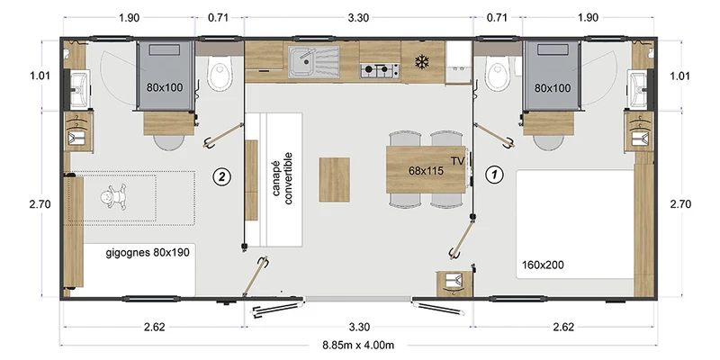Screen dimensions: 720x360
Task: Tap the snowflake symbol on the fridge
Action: (x=421, y=62)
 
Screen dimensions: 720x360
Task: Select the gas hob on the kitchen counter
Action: (x=380, y=71)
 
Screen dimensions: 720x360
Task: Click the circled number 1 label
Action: (x=494, y=175)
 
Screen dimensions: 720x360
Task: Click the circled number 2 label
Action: (x=221, y=176)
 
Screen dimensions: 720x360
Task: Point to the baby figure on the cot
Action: (x=113, y=197)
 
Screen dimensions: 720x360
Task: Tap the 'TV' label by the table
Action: (x=458, y=161)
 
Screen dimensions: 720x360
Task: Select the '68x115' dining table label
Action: (x=426, y=171)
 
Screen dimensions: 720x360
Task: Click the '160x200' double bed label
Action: (x=543, y=265)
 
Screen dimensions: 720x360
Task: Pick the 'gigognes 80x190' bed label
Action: (x=148, y=252)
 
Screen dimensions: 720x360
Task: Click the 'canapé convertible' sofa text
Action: (x=283, y=178)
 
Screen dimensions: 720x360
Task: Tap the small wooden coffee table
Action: (x=334, y=179)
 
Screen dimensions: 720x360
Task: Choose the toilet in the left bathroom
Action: (x=218, y=74)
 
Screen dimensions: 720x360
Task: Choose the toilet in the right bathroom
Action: (x=497, y=74)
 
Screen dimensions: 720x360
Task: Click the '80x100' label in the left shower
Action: (x=165, y=87)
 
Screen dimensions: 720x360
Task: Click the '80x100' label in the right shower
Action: (x=553, y=87)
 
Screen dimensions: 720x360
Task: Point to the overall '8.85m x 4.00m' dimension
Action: (x=358, y=346)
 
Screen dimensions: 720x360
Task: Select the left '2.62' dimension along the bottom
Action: (x=154, y=327)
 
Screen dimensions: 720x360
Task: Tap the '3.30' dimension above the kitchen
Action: (x=358, y=18)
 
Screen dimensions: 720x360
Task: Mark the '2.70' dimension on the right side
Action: (x=680, y=204)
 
